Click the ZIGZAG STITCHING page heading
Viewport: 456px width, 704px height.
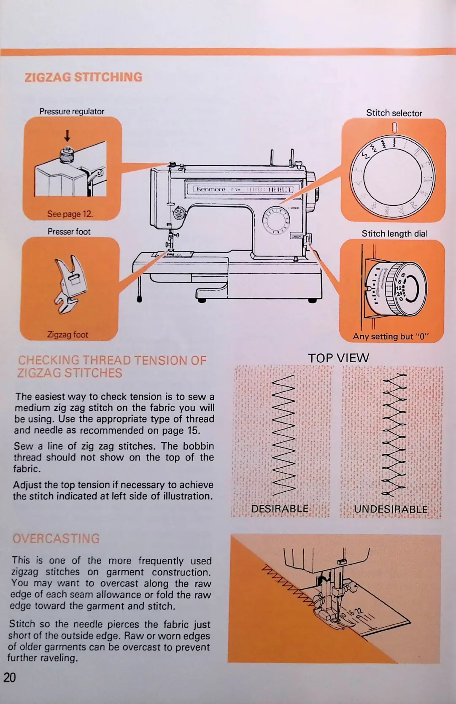[84, 77]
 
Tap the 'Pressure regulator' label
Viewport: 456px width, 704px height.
[72, 111]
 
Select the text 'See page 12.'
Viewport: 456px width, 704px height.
[70, 214]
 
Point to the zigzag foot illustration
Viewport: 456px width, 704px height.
[67, 284]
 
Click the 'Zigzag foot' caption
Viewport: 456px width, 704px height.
[67, 335]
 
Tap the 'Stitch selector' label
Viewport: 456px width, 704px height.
[394, 113]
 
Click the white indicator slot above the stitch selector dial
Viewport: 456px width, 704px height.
[395, 127]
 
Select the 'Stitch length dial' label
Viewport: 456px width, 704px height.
[394, 234]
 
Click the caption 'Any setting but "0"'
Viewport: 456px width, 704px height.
[391, 337]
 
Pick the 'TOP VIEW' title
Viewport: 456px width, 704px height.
[338, 358]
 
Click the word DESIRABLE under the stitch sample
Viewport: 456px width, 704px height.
[280, 509]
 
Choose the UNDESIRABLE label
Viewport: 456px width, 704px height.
[391, 509]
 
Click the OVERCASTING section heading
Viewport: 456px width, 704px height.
[56, 539]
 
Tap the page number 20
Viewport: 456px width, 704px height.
[9, 677]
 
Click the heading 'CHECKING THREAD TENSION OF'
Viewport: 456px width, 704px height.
[112, 361]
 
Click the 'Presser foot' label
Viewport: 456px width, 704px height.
[69, 232]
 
